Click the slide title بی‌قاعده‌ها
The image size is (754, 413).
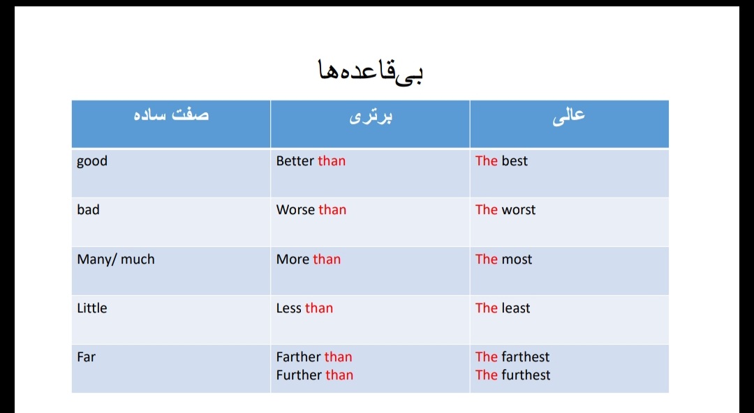click(x=371, y=70)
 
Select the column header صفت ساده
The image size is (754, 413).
click(x=171, y=114)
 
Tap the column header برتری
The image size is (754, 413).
click(x=371, y=116)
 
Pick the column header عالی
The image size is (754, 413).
click(x=569, y=116)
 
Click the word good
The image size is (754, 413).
click(x=92, y=161)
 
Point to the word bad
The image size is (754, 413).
click(x=89, y=210)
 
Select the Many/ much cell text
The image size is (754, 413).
click(x=116, y=260)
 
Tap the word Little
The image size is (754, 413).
click(x=92, y=308)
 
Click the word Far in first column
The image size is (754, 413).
click(x=87, y=357)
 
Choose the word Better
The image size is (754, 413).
click(x=295, y=161)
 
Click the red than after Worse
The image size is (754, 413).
click(x=332, y=210)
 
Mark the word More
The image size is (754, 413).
click(x=293, y=260)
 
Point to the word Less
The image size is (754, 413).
click(x=288, y=308)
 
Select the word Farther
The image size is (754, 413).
click(x=298, y=357)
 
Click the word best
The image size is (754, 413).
click(x=515, y=161)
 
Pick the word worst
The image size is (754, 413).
click(x=519, y=210)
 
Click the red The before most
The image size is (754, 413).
click(x=487, y=260)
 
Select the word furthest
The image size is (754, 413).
click(x=526, y=375)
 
